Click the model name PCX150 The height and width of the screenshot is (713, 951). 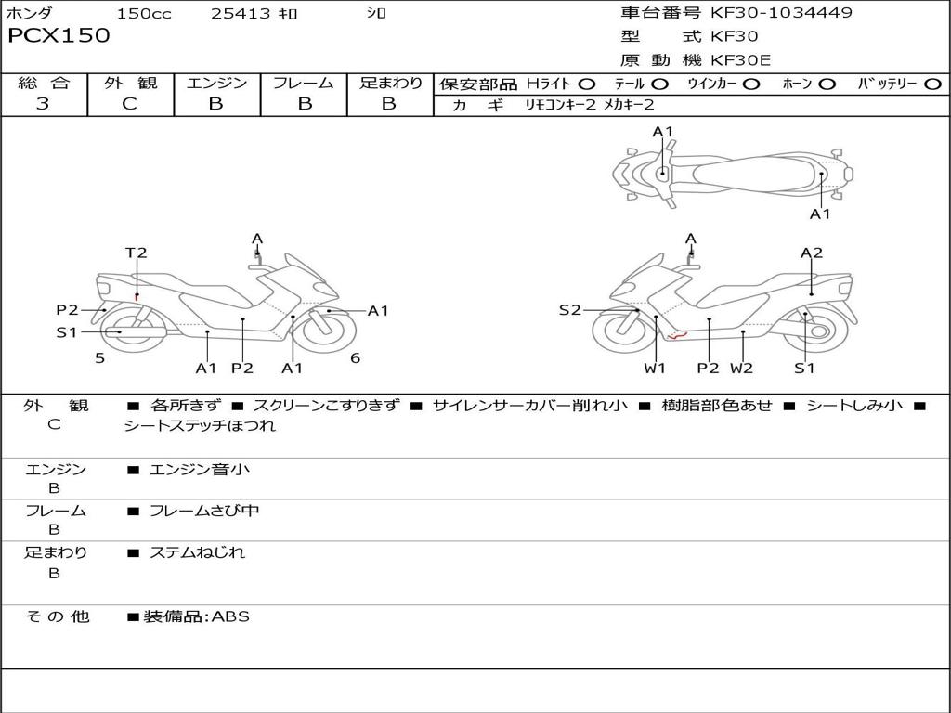point(59,36)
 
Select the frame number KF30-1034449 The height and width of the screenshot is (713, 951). point(781,13)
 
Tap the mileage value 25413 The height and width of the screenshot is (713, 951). point(241,14)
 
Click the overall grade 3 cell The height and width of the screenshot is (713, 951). point(43,104)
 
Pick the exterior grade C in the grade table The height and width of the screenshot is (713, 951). point(130,104)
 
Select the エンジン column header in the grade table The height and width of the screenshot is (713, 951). point(216,84)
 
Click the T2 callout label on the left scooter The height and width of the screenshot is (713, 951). point(137,253)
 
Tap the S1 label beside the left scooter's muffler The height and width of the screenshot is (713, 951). point(67,331)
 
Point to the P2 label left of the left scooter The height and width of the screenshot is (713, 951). point(67,310)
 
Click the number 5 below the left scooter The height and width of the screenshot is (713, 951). point(99,357)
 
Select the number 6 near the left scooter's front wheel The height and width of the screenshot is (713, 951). point(355,357)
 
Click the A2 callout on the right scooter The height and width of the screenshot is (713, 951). point(812,253)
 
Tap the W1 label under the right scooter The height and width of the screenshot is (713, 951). point(656,368)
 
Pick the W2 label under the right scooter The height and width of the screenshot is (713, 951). point(741,368)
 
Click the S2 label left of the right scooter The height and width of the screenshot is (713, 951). point(569,310)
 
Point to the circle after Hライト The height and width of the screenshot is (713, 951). point(587,84)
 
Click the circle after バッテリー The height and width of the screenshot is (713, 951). point(932,84)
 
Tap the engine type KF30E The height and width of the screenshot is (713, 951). point(741,60)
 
